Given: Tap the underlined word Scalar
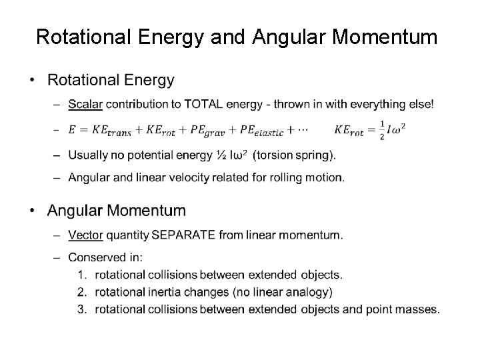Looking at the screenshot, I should pyautogui.click(x=85, y=104).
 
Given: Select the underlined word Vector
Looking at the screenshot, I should pyautogui.click(x=85, y=235).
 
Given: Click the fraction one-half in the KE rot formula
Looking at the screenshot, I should pyautogui.click(x=383, y=131).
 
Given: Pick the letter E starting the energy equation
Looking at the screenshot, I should pyautogui.click(x=72, y=131).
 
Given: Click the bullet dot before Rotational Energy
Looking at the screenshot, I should pyautogui.click(x=33, y=81).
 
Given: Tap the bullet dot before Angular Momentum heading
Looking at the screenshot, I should pyautogui.click(x=33, y=211).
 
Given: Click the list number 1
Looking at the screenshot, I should pyautogui.click(x=82, y=275).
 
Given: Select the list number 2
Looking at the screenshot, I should pyautogui.click(x=82, y=292).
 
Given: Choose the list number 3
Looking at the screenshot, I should pyautogui.click(x=82, y=309).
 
